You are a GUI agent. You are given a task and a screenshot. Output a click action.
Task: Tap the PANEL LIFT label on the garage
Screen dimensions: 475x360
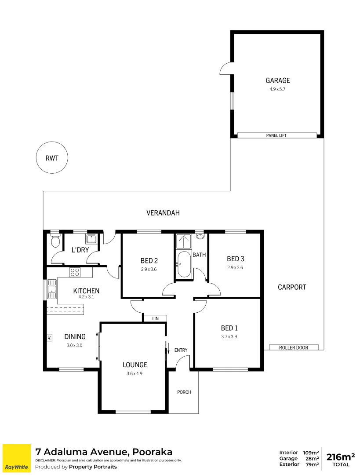276,135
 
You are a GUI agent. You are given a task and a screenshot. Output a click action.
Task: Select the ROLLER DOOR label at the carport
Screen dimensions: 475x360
294,347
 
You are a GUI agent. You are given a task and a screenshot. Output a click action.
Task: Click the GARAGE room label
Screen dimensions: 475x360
277,80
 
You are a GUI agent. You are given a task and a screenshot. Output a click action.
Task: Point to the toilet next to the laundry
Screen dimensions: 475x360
55,241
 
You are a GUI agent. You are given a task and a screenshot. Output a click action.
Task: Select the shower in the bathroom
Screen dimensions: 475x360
182,241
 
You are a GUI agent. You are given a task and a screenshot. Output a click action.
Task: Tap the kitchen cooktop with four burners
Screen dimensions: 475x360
75,273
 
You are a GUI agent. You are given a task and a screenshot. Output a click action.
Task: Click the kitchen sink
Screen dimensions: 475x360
52,289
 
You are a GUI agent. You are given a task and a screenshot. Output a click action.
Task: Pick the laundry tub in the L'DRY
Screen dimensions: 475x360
91,239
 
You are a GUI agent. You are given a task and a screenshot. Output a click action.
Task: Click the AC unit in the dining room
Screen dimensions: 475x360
49,338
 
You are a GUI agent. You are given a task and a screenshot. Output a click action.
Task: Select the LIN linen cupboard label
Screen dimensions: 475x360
155,318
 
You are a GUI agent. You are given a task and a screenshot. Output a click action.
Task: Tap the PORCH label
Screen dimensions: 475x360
184,392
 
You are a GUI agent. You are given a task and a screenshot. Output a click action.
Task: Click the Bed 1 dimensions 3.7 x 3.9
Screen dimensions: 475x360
229,336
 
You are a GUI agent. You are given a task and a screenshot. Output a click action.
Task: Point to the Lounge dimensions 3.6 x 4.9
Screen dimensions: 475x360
135,373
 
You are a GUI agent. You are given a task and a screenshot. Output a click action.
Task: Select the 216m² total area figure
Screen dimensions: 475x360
341,457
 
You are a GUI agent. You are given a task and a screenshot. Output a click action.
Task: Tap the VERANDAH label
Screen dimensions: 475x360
163,213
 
